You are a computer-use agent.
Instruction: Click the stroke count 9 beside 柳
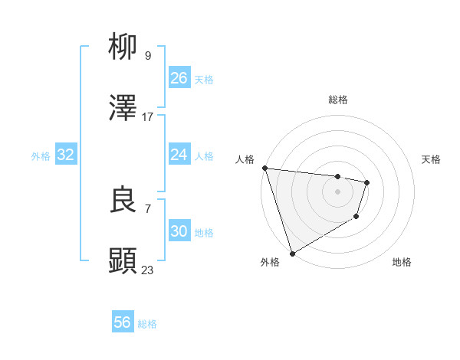[147, 55]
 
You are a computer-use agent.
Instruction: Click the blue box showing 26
[179, 78]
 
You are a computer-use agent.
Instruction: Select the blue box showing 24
[179, 155]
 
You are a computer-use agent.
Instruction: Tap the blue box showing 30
[179, 231]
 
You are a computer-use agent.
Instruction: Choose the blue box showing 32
[66, 155]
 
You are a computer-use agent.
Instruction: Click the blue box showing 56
[123, 323]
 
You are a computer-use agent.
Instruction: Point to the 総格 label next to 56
[147, 324]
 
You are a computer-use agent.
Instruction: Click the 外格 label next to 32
[41, 156]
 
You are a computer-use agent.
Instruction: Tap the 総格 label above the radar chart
[338, 100]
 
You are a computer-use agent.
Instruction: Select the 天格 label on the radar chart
[432, 159]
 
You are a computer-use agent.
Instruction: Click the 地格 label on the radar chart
[402, 262]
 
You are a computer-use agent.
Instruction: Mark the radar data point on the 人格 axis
[264, 168]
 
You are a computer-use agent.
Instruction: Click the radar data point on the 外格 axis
[292, 253]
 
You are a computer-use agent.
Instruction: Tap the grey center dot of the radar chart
[337, 191]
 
